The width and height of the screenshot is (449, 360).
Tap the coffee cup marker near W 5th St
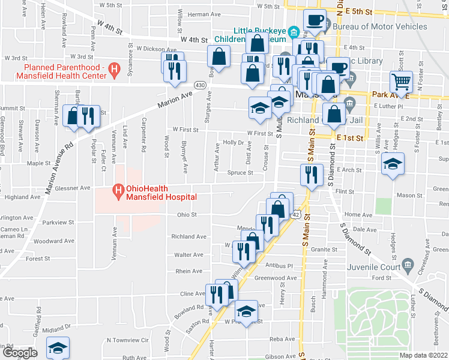point(315,19)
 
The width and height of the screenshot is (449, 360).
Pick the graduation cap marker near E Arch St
point(393,164)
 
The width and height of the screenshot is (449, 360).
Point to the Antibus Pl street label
point(278,266)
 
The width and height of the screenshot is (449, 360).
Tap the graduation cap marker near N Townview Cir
point(58,347)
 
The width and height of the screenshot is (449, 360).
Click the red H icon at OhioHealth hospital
point(118,192)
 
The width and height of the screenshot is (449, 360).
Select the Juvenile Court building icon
point(408,263)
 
